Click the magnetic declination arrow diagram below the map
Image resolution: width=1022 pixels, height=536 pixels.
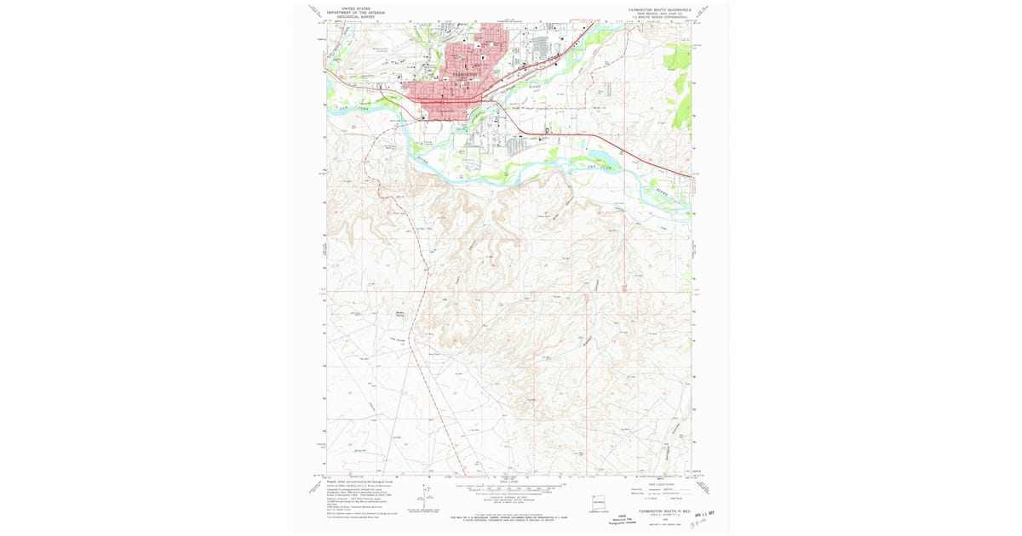pyautogui.click(x=425, y=493)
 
